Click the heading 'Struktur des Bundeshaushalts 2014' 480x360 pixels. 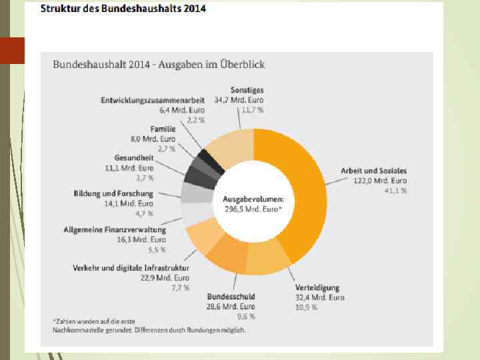coord(123,9)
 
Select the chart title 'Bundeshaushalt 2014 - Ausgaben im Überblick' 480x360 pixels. coord(159,65)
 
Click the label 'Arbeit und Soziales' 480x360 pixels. coord(373,170)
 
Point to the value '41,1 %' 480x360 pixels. coord(395,191)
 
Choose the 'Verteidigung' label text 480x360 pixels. coord(317,288)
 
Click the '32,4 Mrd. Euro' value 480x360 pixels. coord(320,298)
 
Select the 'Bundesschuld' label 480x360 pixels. coord(231,296)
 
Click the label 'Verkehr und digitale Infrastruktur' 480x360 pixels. coord(131,267)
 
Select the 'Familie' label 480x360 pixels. coord(163,129)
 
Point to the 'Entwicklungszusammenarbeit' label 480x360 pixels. coord(153,100)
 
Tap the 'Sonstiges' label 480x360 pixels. coord(247,89)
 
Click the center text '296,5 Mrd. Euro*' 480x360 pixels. coord(253,209)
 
